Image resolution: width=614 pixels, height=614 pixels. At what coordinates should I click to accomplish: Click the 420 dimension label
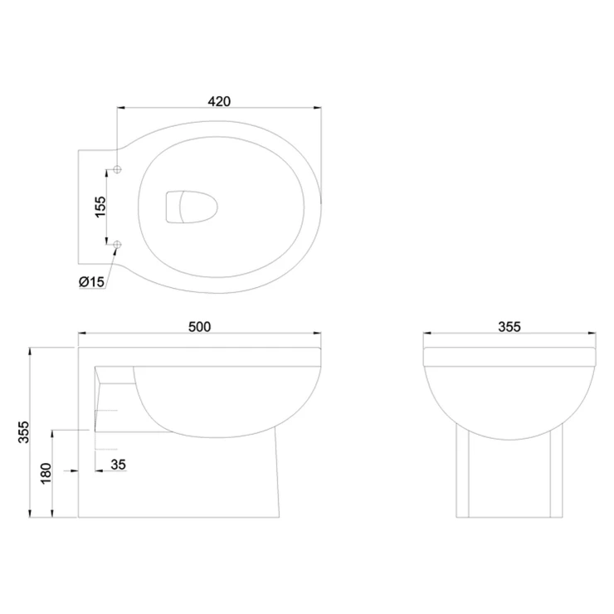(x=219, y=101)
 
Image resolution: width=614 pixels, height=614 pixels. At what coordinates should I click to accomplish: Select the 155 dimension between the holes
(x=100, y=207)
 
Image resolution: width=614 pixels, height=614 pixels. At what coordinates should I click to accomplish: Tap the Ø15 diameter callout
(x=92, y=281)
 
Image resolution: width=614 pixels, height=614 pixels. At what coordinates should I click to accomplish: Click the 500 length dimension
(x=199, y=327)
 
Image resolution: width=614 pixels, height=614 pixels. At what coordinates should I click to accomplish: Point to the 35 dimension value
(x=119, y=465)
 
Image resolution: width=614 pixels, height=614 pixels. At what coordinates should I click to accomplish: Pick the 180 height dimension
(x=46, y=473)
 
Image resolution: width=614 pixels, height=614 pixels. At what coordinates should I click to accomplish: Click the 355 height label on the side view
(x=24, y=432)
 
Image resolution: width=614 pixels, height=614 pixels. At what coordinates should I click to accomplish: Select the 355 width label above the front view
(x=509, y=327)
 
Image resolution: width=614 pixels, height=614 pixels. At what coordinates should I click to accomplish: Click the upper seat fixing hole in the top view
(x=117, y=169)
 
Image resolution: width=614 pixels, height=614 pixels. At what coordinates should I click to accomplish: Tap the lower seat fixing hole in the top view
(x=117, y=245)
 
